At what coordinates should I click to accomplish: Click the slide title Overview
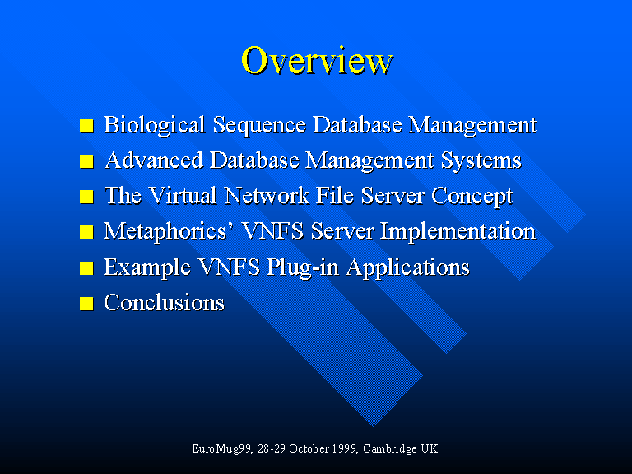317,60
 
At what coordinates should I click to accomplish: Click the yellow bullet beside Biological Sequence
86,126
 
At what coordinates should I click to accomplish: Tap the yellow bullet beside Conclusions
86,304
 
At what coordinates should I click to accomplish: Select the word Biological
154,125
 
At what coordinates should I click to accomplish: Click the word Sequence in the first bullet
259,125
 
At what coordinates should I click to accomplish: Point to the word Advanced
154,160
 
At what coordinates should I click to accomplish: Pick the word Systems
481,160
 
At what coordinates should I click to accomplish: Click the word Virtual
183,196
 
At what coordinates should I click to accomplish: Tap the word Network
267,196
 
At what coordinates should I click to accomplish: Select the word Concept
472,197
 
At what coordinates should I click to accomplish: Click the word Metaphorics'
169,232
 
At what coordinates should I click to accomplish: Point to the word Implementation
458,232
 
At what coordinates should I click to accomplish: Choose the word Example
147,267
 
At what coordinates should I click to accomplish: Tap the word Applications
408,267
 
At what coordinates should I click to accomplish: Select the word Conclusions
164,302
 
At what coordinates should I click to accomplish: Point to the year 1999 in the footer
344,448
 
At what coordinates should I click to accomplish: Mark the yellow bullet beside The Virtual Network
86,197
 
